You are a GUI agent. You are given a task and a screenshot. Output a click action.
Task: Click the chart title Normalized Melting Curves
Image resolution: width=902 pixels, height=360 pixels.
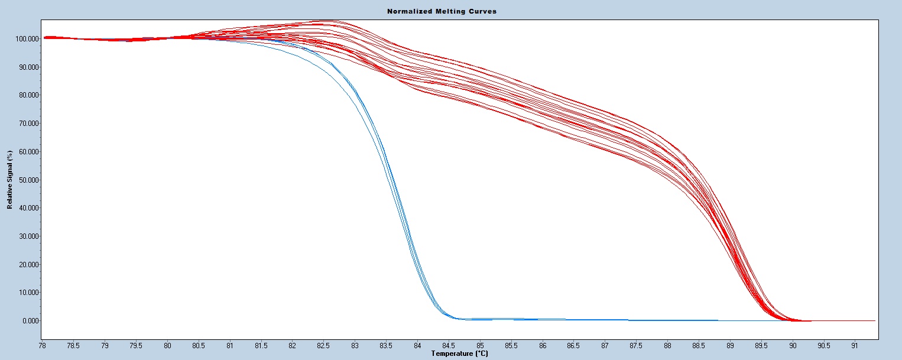tap(442, 11)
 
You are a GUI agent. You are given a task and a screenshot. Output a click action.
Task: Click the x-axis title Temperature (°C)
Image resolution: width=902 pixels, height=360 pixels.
tap(459, 353)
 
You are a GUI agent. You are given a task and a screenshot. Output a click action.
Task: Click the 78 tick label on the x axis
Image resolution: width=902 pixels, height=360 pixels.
tap(42, 345)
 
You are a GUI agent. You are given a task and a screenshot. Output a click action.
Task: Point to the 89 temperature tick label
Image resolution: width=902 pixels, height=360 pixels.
tap(730, 345)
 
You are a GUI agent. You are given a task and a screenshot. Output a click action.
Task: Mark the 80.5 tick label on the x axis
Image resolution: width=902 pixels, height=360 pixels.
tap(199, 345)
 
